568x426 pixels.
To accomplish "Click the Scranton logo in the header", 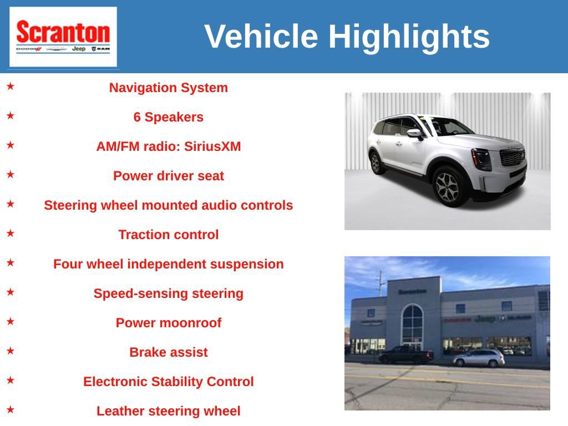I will point(63,37).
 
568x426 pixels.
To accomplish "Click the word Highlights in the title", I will point(409,37).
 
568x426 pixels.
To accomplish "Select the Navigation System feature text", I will point(168,88).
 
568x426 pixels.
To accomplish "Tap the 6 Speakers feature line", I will point(168,117).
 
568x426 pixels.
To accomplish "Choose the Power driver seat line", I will point(168,176).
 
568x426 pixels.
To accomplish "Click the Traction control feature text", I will point(168,235).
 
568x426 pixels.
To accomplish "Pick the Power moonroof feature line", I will point(168,323).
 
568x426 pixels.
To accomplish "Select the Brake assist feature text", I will point(168,352).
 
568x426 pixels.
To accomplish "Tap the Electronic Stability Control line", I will point(168,382).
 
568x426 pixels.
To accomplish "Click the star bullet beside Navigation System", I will point(11,87).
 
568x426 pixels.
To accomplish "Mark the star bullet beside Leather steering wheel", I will point(11,410).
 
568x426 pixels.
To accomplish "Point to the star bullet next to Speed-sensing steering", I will point(11,292).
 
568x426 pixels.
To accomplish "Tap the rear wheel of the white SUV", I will point(376,163).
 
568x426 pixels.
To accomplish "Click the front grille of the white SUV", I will point(512,158).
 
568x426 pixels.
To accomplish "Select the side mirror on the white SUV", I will point(414,134).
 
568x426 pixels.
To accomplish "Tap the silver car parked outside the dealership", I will point(479,358).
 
